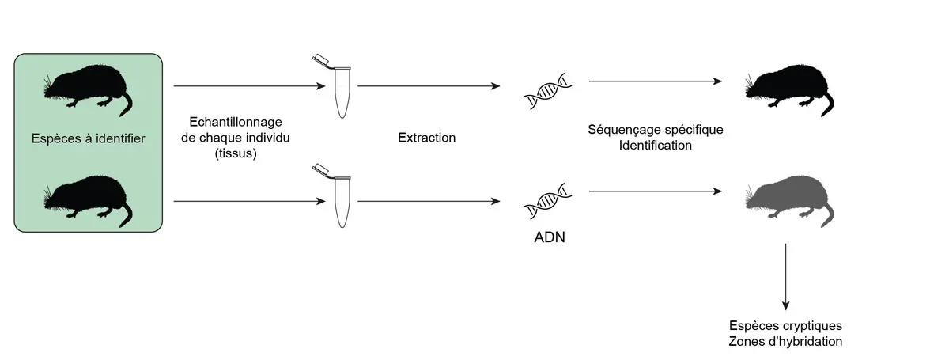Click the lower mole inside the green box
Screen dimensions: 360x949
click(x=88, y=198)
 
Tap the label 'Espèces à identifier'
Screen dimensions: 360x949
click(x=88, y=139)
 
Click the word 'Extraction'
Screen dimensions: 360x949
click(x=427, y=138)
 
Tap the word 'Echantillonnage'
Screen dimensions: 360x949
click(x=236, y=123)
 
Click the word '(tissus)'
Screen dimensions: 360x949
click(x=236, y=153)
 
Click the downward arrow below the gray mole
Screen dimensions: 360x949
click(x=785, y=276)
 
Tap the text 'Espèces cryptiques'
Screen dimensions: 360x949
click(x=785, y=326)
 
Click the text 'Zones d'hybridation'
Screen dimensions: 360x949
click(x=785, y=341)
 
